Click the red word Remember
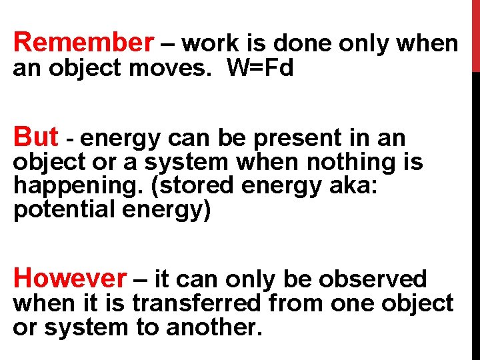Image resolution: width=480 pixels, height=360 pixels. point(83,43)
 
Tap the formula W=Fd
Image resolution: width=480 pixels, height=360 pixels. point(261,68)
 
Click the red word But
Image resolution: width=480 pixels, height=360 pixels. point(36,137)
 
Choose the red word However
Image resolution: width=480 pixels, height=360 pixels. point(69,277)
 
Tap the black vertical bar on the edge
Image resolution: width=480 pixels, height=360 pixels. point(475,213)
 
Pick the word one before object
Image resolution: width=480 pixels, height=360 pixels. point(354,303)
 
